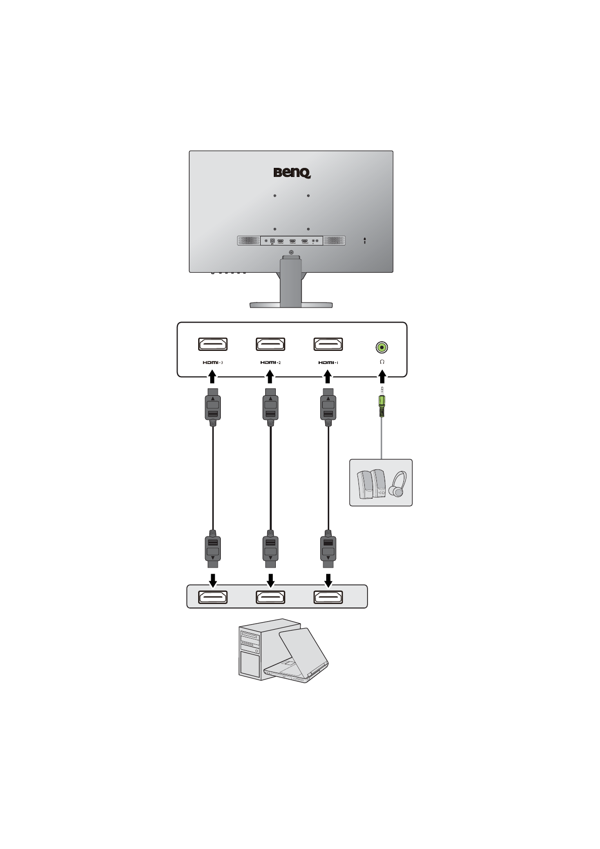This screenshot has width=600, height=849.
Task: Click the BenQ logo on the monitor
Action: tap(292, 173)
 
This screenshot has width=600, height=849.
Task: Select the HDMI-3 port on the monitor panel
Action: tap(213, 344)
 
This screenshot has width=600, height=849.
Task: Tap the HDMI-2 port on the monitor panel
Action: tap(271, 344)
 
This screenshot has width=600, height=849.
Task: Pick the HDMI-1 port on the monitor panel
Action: tap(328, 344)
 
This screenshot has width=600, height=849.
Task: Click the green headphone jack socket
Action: tap(382, 347)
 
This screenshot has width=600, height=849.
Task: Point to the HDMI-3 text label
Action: tap(213, 362)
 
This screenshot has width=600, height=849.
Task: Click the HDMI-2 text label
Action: tap(271, 362)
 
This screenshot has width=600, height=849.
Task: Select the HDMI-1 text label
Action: tap(328, 362)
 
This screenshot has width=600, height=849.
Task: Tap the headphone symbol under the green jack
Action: tap(382, 362)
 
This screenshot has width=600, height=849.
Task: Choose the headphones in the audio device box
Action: tap(398, 484)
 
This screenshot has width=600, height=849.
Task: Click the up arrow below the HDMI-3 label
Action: tap(213, 378)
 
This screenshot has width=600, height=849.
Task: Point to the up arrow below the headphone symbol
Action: tap(382, 378)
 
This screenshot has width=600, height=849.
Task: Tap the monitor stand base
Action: tap(291, 305)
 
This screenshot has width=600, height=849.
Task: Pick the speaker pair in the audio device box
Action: tap(371, 484)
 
